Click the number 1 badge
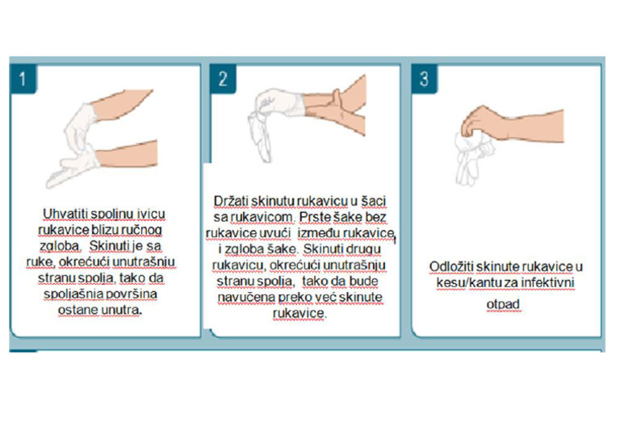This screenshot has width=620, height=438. point(24,77)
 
